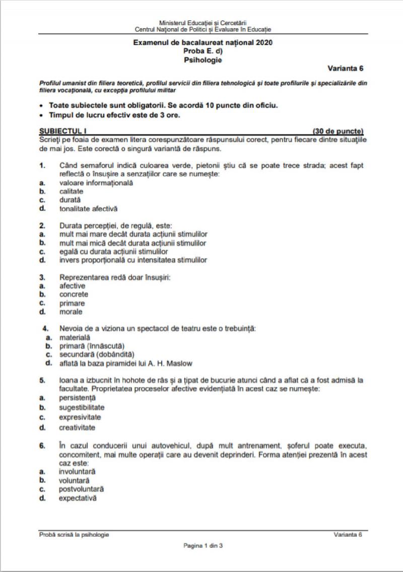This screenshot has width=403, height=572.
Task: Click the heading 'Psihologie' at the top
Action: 203,60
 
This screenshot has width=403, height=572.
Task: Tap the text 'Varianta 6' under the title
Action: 345,68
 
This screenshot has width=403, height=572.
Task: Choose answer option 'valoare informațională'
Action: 96,183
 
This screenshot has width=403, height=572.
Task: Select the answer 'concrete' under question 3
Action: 74,294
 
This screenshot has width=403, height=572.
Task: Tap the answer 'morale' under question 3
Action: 71,312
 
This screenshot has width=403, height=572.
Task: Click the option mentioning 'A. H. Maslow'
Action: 125,363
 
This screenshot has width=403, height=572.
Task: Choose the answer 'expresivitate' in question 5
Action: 80,417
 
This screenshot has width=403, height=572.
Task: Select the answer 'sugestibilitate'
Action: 82,407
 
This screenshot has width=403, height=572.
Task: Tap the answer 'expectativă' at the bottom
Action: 78,498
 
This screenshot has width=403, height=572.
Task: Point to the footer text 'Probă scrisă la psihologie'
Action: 74,535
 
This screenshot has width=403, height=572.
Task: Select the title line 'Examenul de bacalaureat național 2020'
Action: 203,43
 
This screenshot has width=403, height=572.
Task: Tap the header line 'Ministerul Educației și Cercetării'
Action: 203,24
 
